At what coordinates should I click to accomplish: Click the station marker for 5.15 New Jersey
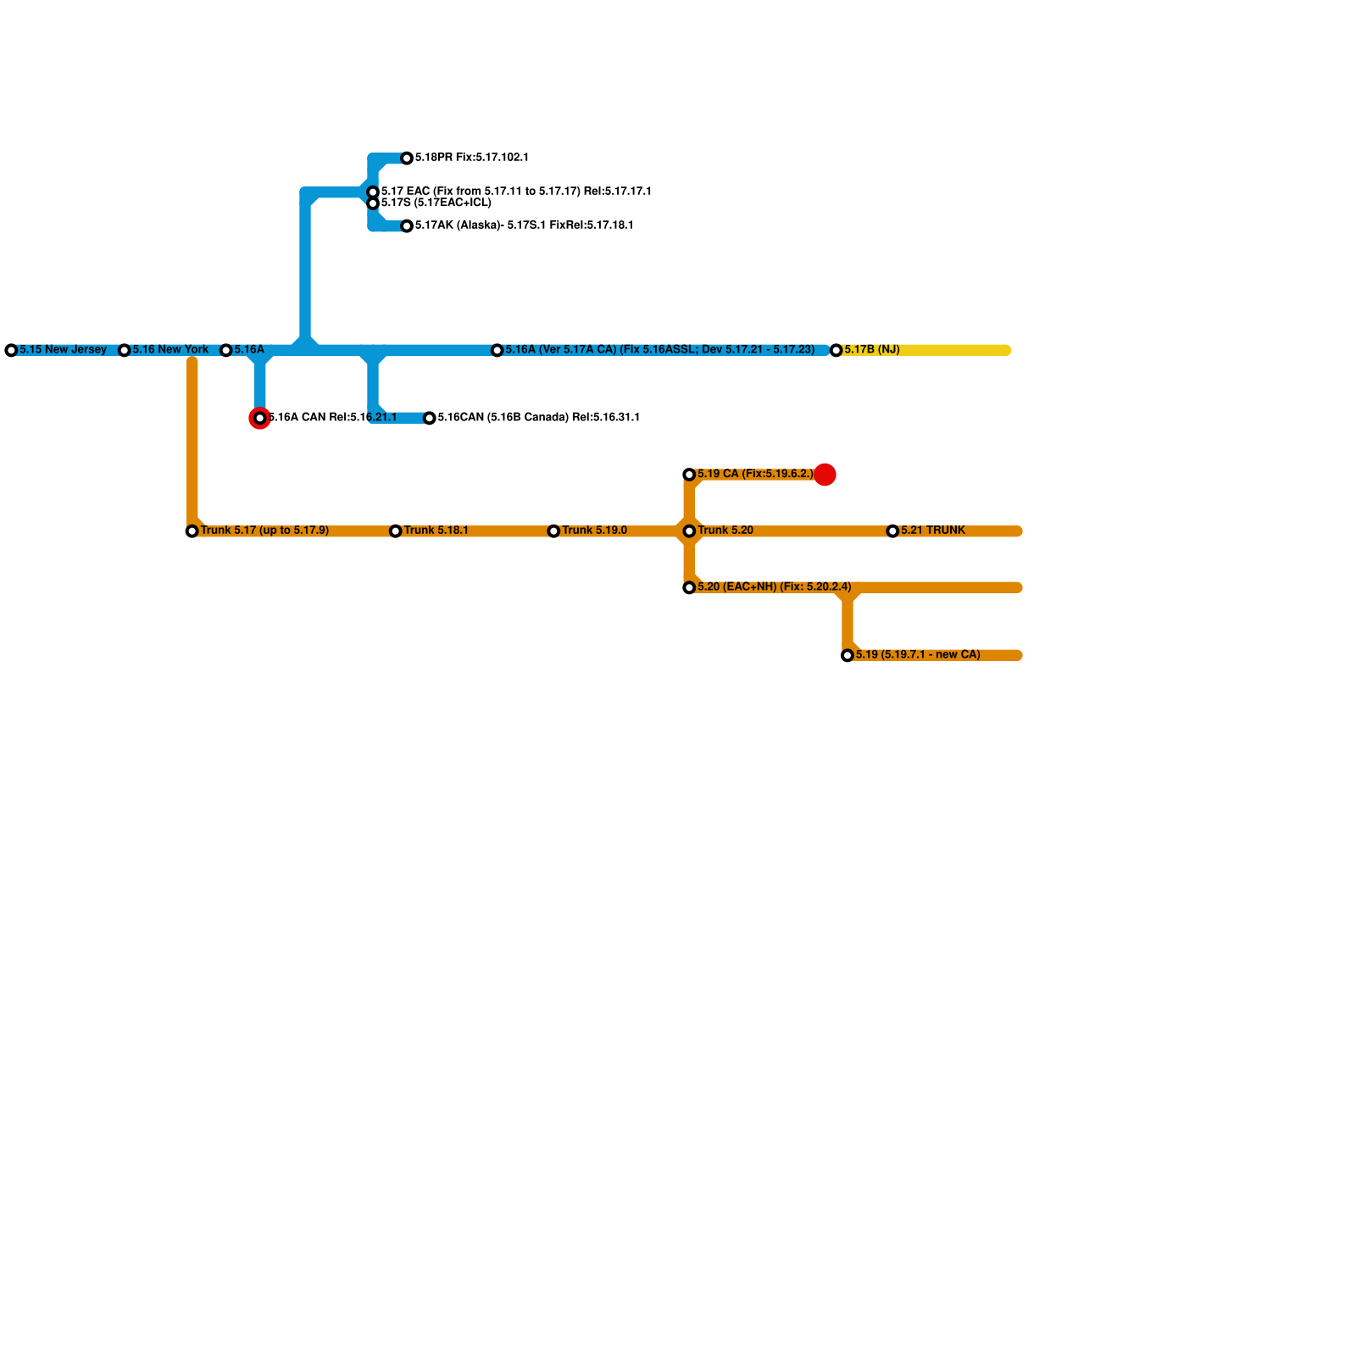tap(11, 350)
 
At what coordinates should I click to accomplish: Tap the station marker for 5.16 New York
tap(124, 350)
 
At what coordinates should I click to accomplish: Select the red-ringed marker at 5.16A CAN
tap(260, 418)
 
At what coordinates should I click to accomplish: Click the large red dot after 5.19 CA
tap(825, 475)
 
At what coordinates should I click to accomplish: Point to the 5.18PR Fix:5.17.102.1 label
tap(471, 158)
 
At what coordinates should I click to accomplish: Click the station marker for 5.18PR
tap(407, 158)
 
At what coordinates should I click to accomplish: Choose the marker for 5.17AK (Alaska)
tap(407, 226)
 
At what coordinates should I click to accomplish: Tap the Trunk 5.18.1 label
tap(436, 531)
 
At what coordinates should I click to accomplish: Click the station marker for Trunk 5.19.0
tap(553, 531)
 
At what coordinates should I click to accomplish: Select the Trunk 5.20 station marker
tap(689, 531)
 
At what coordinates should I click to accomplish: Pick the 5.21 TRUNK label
tap(932, 531)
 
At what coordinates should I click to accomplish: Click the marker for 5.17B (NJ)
tap(836, 350)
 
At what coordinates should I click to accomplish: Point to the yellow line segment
tap(958, 350)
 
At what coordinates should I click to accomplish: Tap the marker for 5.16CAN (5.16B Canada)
tap(430, 418)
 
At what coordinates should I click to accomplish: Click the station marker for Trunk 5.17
tap(192, 531)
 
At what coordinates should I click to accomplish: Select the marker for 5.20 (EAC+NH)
tap(689, 587)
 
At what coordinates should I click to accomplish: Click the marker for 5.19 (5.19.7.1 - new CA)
tap(847, 655)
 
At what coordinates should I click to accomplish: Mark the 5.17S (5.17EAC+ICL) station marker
tap(373, 203)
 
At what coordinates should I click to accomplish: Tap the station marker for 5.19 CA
tap(689, 475)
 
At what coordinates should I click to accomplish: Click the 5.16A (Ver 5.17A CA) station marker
tap(497, 350)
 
